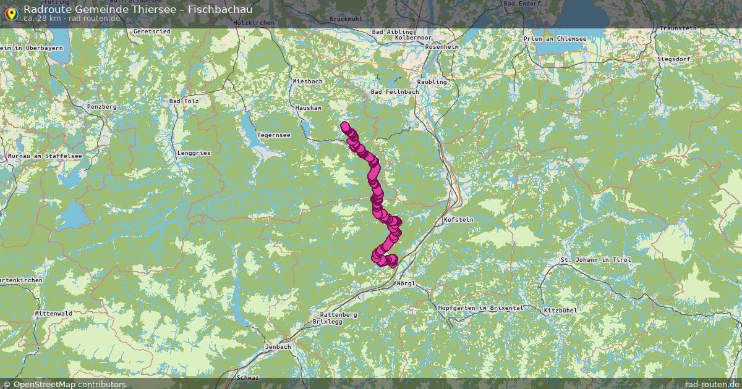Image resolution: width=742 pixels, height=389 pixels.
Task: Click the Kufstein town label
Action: [x=458, y=220]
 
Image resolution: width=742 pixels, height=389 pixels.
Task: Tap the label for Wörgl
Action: [x=405, y=283]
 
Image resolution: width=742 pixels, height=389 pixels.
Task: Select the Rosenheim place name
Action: [x=442, y=46]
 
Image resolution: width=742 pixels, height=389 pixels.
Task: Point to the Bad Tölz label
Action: [x=183, y=101]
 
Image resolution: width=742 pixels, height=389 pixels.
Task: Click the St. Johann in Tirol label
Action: [x=595, y=260]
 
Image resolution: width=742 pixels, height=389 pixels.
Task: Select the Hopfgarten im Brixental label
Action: [x=480, y=307]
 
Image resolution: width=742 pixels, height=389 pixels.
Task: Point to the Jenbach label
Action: [x=278, y=347]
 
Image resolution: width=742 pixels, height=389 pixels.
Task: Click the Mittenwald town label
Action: [x=53, y=313]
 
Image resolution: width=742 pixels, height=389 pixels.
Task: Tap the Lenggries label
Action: [x=194, y=153]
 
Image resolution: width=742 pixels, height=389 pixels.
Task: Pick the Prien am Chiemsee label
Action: [x=555, y=38]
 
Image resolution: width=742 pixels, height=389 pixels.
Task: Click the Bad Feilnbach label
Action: [x=394, y=92]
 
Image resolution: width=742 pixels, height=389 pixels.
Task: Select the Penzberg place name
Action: [x=102, y=107]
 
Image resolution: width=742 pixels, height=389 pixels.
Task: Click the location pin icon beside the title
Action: [x=11, y=12]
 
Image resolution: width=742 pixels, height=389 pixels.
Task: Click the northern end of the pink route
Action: [x=344, y=126]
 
